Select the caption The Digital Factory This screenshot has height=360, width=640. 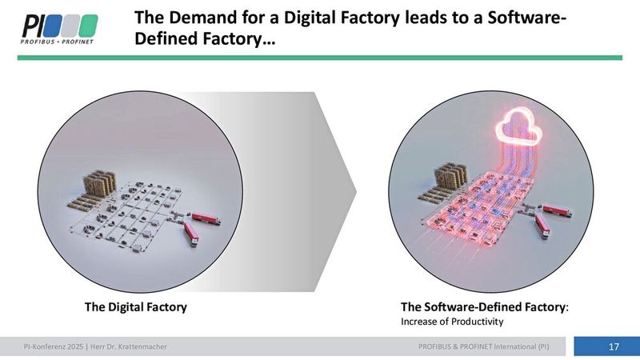tap(136, 306)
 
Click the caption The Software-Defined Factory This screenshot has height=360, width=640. tap(483, 306)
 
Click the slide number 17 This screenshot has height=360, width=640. tap(614, 346)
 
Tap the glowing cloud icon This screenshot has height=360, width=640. tap(518, 127)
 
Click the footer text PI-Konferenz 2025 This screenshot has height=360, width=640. tap(54, 346)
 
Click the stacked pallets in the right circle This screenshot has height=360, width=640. tap(448, 178)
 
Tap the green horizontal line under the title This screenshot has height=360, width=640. tap(320, 57)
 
